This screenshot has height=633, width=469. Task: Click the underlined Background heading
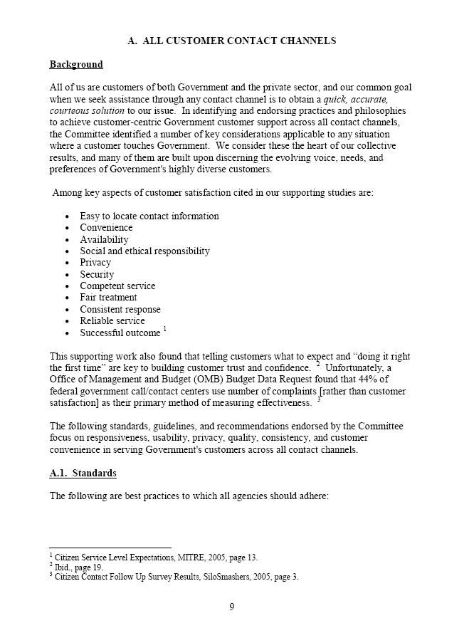point(76,65)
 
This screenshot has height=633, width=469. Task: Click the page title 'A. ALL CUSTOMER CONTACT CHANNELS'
point(231,41)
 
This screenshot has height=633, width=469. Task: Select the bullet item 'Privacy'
point(95,263)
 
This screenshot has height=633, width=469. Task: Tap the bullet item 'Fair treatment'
point(108,298)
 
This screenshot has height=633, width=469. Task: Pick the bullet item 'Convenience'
point(106,228)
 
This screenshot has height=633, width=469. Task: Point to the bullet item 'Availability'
point(104,239)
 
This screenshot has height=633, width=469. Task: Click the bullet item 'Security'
point(97,274)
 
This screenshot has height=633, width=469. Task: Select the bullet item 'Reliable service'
point(112,321)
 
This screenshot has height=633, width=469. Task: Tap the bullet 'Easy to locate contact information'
point(149,216)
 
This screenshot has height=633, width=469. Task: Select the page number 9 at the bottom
point(232,607)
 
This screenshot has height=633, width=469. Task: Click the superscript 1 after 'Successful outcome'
point(164,329)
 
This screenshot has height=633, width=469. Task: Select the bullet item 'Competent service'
point(117,286)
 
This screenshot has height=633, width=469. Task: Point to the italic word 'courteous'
point(70,111)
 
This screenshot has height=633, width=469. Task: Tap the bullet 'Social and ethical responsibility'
point(144,251)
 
